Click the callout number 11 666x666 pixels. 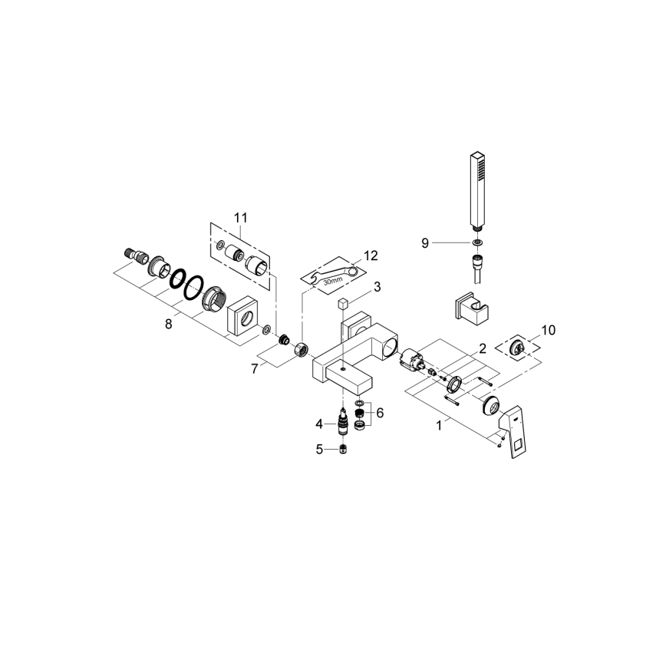pyautogui.click(x=241, y=218)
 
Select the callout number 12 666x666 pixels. pyautogui.click(x=371, y=256)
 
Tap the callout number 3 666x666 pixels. pyautogui.click(x=377, y=287)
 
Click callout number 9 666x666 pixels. pyautogui.click(x=424, y=242)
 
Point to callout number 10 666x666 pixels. pyautogui.click(x=548, y=330)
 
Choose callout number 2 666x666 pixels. pyautogui.click(x=482, y=348)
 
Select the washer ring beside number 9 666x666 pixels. pyautogui.click(x=478, y=242)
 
